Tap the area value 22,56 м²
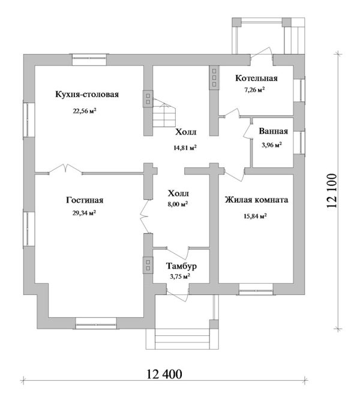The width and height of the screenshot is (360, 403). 85,110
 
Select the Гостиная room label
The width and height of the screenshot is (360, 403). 85,201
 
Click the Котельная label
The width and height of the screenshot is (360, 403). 256,79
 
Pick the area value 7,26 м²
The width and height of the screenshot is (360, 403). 254,90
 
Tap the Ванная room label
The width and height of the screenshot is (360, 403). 274,132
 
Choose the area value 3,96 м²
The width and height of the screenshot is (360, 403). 272,145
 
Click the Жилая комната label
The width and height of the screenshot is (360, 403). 256,201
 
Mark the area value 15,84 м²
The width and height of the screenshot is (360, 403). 255,216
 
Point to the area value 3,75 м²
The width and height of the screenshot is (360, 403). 180,276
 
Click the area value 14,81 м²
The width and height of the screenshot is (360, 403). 185,147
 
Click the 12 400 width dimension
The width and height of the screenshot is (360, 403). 163,375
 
